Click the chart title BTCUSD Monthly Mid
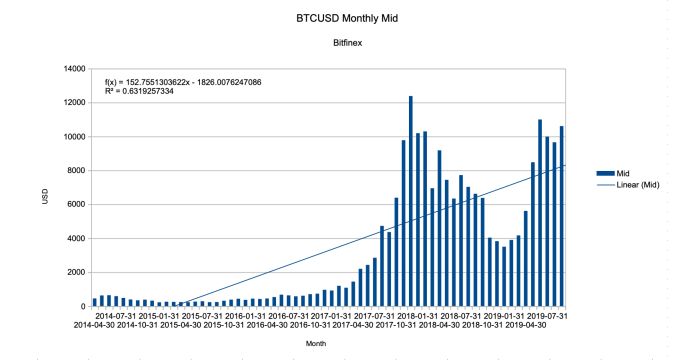tap(349, 18)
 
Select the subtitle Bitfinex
tap(349, 45)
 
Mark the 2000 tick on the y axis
tap(75, 272)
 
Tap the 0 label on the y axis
tap(82, 306)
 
